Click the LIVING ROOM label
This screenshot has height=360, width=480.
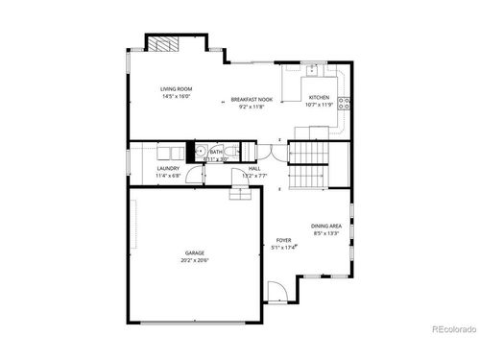point(176,89)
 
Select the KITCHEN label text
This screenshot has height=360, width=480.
point(319,97)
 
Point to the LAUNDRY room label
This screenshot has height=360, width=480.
point(168,168)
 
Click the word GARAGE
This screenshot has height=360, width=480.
point(195,252)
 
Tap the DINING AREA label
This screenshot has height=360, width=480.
point(325,226)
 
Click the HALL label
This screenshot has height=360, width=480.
point(254,168)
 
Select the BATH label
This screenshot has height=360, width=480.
point(216,151)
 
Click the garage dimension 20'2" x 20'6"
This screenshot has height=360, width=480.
point(195,260)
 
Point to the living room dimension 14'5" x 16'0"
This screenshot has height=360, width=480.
point(176,96)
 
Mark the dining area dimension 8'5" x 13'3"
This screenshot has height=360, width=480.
point(325,232)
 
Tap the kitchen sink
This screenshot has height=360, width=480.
point(314,69)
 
